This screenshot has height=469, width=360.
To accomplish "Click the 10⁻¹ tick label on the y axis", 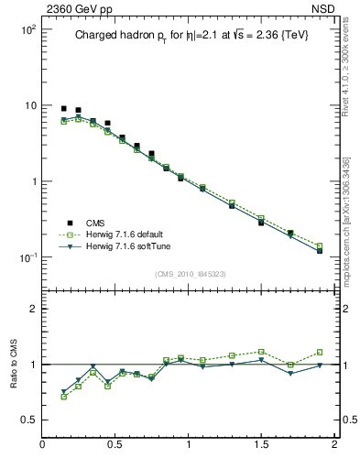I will pyautogui.click(x=25, y=256).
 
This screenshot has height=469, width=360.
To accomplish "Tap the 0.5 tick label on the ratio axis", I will pyautogui.click(x=26, y=421).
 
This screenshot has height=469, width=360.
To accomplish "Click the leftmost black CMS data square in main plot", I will pyautogui.click(x=63, y=108).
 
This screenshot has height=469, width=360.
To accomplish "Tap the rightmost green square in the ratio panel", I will pyautogui.click(x=320, y=352).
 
